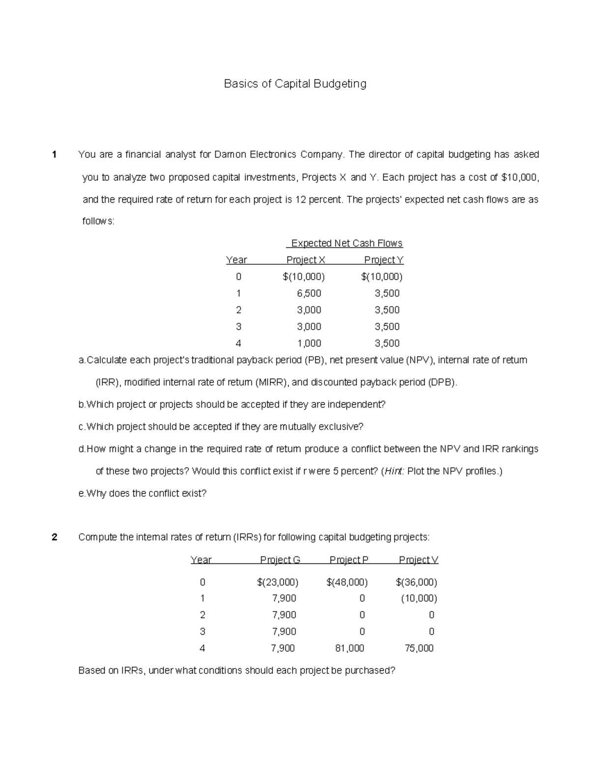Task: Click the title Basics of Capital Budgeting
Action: [295, 84]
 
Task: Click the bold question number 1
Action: [54, 154]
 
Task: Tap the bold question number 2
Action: [54, 537]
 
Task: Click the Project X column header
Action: [306, 260]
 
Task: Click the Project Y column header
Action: [383, 260]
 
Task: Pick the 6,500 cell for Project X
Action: [309, 293]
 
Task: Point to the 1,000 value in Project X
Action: [309, 343]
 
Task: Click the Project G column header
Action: [280, 560]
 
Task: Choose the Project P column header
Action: [349, 560]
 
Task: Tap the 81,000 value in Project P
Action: [350, 648]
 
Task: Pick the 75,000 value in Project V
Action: [419, 648]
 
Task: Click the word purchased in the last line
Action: [369, 671]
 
